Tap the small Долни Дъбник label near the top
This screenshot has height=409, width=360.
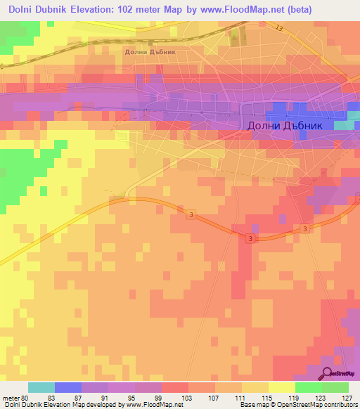[x=149, y=51]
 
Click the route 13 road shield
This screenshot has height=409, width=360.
[x=279, y=28]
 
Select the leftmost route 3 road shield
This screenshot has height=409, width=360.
[x=191, y=216]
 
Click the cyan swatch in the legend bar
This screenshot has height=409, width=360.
[x=41, y=387]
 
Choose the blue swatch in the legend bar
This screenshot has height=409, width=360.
[x=68, y=387]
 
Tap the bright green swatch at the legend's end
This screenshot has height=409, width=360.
[x=335, y=387]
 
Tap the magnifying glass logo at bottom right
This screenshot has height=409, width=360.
[x=328, y=373]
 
